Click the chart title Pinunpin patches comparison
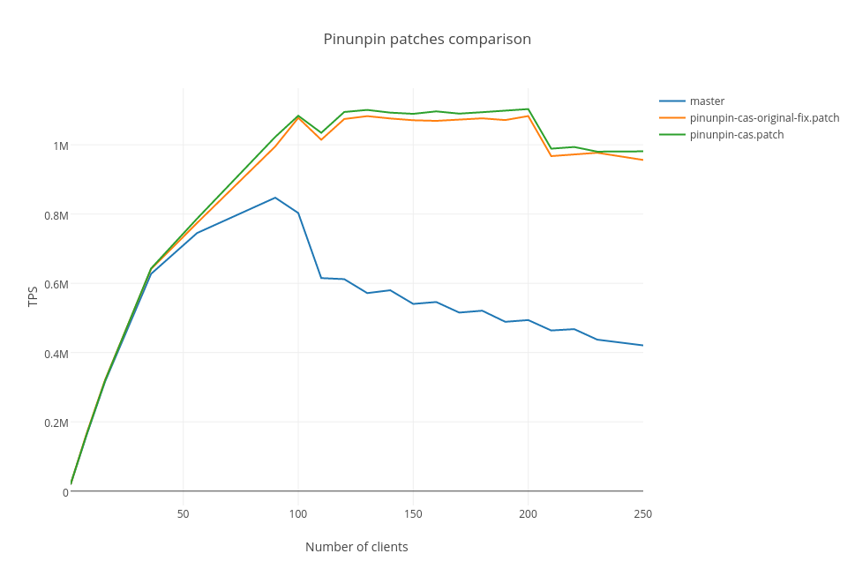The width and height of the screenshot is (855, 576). [x=427, y=39]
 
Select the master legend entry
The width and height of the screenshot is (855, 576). [x=707, y=101]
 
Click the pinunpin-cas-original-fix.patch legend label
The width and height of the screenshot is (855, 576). [x=764, y=117]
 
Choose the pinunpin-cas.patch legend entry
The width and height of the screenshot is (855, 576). [x=737, y=134]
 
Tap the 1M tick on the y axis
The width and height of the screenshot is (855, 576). [x=61, y=146]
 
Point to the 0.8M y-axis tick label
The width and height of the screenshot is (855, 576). [x=56, y=214]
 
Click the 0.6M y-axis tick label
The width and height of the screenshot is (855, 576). [x=56, y=284]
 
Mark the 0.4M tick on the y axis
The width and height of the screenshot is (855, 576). [x=56, y=353]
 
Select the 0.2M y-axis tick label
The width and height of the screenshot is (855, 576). [x=56, y=423]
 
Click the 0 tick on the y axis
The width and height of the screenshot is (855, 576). [x=65, y=492]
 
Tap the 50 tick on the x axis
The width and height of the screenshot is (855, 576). [x=184, y=513]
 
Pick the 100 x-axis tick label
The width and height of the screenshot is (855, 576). [x=298, y=513]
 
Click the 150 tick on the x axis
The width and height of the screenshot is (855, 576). [x=413, y=513]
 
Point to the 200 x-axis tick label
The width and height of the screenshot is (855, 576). [x=528, y=513]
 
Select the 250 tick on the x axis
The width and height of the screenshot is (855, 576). [x=642, y=513]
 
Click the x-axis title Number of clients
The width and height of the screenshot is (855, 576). [x=356, y=547]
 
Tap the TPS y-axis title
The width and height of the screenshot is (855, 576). [x=33, y=296]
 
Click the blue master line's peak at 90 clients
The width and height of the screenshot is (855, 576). [x=275, y=198]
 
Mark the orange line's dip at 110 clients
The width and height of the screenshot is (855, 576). [x=321, y=139]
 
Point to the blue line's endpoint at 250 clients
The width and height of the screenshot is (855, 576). [x=642, y=345]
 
